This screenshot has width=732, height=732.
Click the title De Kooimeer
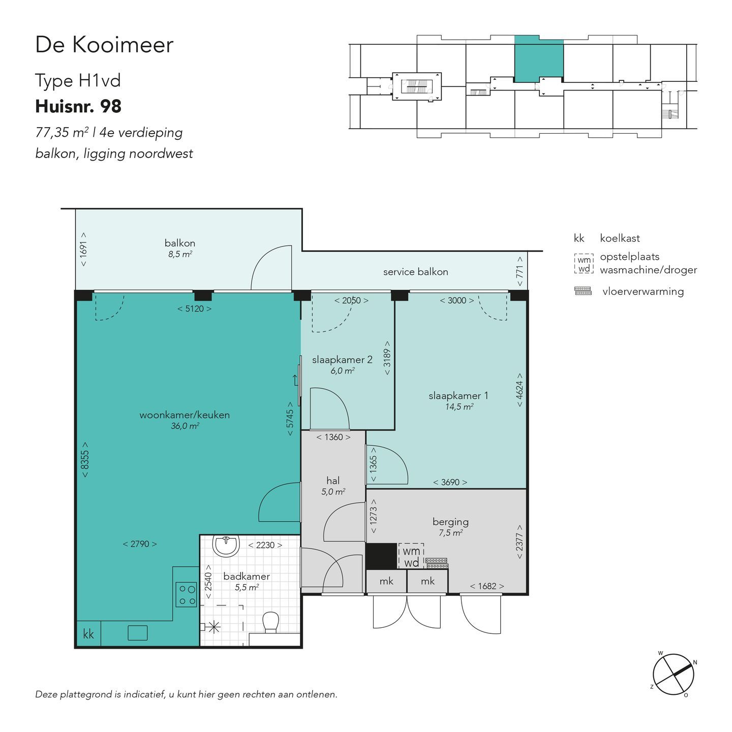[104, 44]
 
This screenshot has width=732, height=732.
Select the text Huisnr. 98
[78, 106]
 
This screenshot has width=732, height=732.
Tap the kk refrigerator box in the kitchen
[88, 634]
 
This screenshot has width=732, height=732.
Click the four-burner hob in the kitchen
[186, 594]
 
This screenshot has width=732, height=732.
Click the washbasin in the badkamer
[226, 545]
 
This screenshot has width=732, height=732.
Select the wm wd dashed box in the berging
[411, 556]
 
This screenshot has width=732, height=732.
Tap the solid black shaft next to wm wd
[381, 556]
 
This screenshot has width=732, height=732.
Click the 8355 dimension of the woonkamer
[85, 460]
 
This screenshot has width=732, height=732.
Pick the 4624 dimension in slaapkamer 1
[520, 390]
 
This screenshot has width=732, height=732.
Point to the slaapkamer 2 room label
[342, 359]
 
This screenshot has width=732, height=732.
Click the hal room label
[333, 480]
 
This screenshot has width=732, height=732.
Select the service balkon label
[416, 271]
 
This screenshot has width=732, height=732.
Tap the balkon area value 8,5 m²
[180, 254]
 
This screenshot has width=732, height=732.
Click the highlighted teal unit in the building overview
[539, 59]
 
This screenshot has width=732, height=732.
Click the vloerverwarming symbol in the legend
[583, 291]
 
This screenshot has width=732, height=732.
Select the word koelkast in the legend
[620, 238]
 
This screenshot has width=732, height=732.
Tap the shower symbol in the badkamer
[213, 627]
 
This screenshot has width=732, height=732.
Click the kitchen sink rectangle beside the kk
[138, 633]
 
